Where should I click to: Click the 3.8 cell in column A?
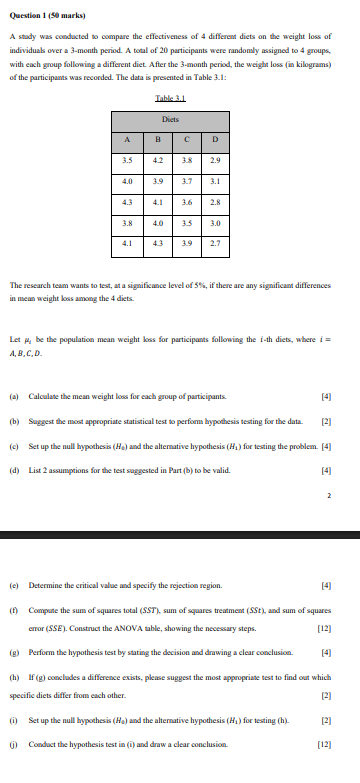click(x=126, y=222)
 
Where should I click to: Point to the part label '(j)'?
click(x=15, y=770)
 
